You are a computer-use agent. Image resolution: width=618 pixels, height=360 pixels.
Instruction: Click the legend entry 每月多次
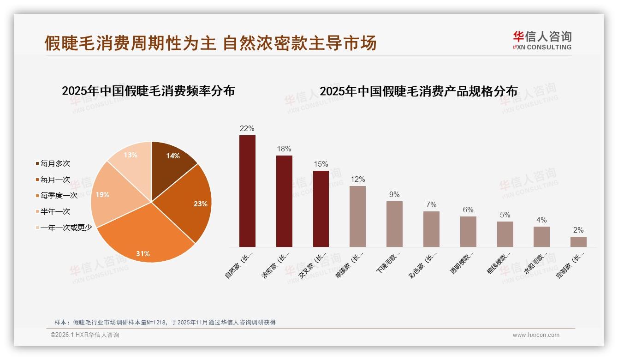(55, 163)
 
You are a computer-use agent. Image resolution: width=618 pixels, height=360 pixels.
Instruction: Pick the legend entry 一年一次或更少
(66, 228)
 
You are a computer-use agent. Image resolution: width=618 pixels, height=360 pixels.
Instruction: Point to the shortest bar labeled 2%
(578, 241)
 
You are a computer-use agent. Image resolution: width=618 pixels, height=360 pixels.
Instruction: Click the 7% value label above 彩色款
(431, 205)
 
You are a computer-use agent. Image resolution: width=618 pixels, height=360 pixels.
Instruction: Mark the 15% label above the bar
(321, 164)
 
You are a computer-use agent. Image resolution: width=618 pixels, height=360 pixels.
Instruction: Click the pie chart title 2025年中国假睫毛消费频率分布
(148, 91)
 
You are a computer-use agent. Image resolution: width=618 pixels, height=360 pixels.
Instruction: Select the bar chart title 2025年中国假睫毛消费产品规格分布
(418, 91)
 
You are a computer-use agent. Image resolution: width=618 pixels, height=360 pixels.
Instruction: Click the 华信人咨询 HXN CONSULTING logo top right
(542, 41)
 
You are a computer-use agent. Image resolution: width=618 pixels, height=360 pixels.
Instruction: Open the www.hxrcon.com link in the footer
(536, 335)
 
